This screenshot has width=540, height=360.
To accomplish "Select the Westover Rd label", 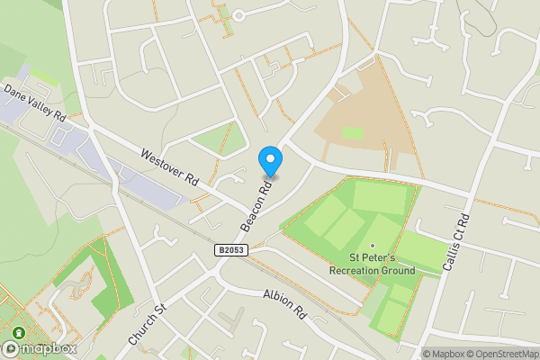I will click(x=169, y=166).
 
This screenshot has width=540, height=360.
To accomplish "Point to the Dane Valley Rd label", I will click(x=34, y=103).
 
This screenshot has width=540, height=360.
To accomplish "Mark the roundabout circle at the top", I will click(x=238, y=14).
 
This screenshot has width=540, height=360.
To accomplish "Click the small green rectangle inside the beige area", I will click(x=353, y=133).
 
